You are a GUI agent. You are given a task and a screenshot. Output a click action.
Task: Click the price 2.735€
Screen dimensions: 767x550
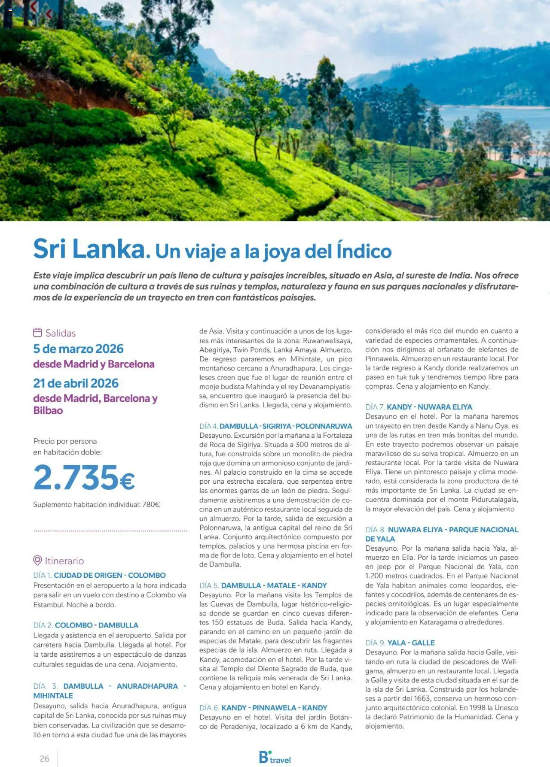84,477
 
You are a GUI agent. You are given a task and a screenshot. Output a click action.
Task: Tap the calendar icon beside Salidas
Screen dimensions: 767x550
38,333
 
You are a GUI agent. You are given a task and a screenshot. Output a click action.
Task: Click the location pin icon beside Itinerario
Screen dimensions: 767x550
38,561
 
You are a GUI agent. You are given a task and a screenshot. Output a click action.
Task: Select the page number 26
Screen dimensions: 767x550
44,758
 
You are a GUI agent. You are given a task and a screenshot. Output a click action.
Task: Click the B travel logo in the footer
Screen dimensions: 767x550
275,758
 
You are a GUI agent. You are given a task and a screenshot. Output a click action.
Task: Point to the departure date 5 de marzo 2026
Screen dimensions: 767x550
78,349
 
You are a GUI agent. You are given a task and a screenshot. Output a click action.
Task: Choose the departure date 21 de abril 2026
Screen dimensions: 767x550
76,383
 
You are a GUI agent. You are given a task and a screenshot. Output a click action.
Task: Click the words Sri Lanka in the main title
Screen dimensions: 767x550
89,249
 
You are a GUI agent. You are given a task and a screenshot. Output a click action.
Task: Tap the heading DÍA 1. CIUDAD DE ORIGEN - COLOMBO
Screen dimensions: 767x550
99,575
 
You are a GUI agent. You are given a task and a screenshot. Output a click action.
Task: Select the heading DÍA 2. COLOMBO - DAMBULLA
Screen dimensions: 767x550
86,625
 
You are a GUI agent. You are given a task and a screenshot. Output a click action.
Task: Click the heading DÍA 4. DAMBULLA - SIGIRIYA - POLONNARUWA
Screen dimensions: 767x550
275,426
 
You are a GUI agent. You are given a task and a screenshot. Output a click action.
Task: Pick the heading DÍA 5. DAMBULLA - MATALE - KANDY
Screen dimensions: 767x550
263,585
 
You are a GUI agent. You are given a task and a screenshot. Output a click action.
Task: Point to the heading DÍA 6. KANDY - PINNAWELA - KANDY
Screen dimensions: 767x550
263,708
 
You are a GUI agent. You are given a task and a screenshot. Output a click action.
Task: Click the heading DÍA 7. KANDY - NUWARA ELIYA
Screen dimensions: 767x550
419,407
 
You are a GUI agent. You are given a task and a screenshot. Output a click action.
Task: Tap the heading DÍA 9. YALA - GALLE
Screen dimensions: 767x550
400,643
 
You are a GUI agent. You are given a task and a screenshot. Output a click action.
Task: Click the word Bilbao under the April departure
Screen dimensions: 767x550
48,410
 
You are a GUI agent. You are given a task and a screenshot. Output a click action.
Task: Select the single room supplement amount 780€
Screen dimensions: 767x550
151,504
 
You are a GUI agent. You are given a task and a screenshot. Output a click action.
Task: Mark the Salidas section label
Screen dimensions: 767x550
61,333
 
